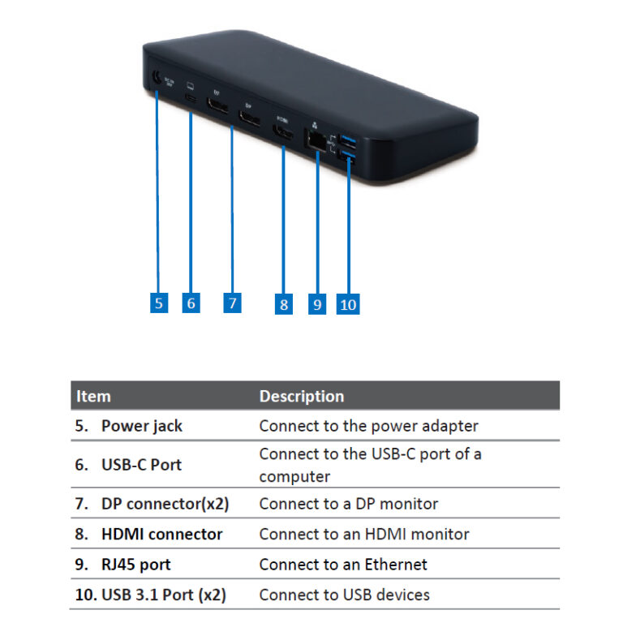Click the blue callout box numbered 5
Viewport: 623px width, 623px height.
159,303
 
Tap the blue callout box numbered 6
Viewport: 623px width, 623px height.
191,303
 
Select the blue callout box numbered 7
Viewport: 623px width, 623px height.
233,303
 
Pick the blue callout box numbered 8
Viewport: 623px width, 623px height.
283,304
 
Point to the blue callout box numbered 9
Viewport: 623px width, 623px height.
316,304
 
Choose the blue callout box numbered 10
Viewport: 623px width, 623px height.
348,304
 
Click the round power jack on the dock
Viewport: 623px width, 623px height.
153,79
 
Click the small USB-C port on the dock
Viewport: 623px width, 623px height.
191,97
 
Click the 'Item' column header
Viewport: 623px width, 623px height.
93,396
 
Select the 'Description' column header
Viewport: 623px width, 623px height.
301,396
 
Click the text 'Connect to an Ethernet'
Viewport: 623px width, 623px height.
342,565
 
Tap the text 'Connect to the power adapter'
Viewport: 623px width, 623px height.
368,426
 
